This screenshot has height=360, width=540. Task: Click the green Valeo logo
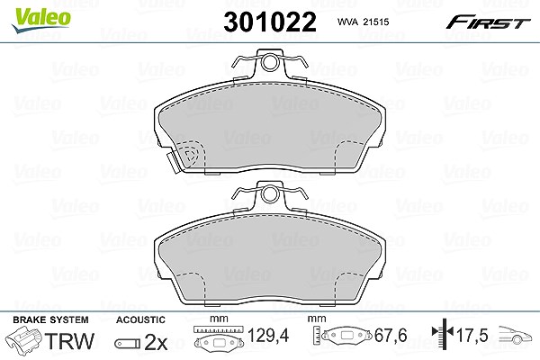pyautogui.click(x=41, y=20)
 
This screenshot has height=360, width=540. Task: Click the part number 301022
pyautogui.click(x=270, y=22)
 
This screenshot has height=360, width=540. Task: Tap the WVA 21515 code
pyautogui.click(x=363, y=22)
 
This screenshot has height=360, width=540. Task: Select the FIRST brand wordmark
pyautogui.click(x=488, y=22)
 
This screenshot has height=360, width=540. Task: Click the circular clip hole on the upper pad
pyautogui.click(x=269, y=62)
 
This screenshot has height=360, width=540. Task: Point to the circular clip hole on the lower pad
pyautogui.click(x=269, y=194)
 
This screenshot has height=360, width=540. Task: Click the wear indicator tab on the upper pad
pyautogui.click(x=174, y=163)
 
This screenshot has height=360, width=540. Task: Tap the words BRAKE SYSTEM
pyautogui.click(x=50, y=319)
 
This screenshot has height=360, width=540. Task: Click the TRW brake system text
pyautogui.click(x=69, y=341)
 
